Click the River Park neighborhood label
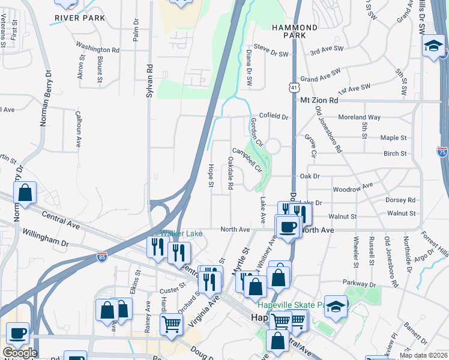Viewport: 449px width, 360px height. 80,18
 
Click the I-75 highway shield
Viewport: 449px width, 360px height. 442,152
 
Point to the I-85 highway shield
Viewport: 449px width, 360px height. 103,258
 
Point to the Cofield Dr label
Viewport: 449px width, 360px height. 274,116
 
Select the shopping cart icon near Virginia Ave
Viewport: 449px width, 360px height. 171,324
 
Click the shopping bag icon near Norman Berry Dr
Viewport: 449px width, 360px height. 25,193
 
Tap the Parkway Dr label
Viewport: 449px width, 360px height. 358,283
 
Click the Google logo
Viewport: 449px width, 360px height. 19,353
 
